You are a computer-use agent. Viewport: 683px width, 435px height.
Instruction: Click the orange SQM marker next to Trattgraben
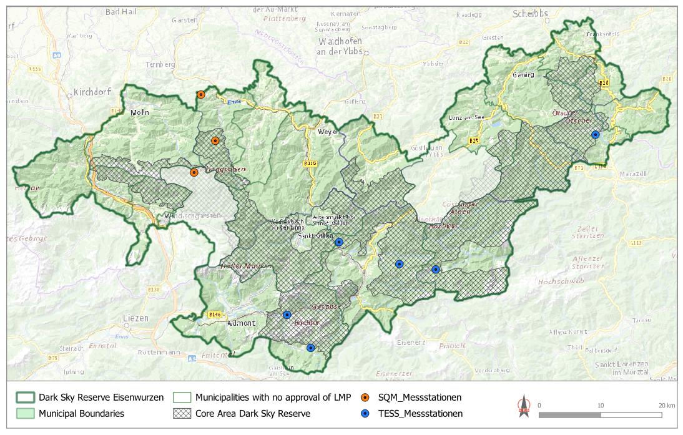click(x=194, y=172)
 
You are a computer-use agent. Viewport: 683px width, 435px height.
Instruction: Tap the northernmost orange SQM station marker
click(x=200, y=95)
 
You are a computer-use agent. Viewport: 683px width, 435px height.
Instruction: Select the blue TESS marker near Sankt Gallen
click(x=339, y=242)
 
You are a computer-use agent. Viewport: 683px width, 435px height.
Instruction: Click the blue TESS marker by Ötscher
click(x=596, y=134)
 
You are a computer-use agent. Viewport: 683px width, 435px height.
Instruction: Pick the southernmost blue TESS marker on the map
click(x=310, y=348)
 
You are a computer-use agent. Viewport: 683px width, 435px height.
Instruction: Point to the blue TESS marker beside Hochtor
click(x=287, y=315)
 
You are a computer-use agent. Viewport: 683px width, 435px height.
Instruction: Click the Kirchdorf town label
click(x=92, y=92)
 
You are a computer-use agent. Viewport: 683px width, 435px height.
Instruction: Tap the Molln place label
click(x=140, y=112)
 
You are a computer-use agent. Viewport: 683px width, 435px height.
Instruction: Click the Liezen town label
click(x=135, y=318)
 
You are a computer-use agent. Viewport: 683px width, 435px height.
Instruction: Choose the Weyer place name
click(x=328, y=132)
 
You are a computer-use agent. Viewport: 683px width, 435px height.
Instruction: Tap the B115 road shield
click(x=310, y=164)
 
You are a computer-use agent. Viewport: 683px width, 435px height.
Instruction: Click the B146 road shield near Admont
click(x=215, y=314)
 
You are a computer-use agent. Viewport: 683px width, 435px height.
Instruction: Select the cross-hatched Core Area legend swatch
click(x=182, y=413)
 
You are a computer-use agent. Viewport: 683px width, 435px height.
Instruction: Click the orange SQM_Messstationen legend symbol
click(x=368, y=398)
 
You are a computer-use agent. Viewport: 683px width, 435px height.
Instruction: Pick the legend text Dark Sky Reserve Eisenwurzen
click(x=101, y=398)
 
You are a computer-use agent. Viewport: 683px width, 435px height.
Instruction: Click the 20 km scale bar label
click(x=667, y=405)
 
